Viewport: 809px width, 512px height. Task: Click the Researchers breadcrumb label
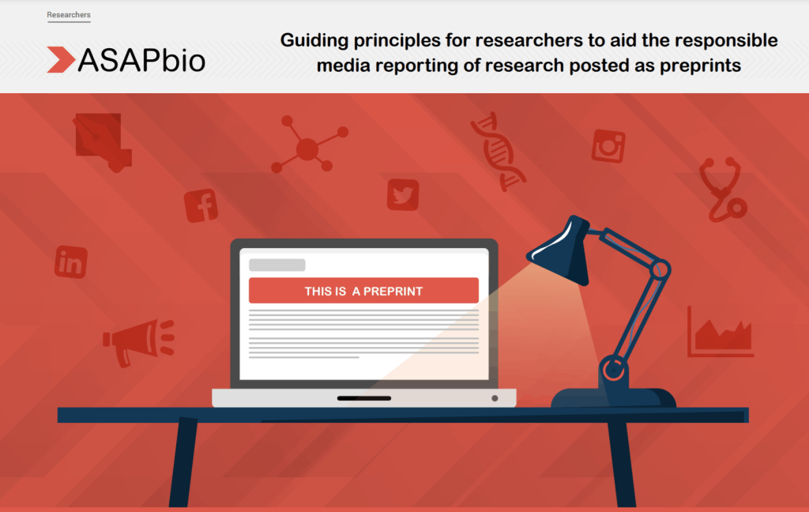pyautogui.click(x=69, y=15)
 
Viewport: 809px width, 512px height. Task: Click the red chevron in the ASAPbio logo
pyautogui.click(x=61, y=59)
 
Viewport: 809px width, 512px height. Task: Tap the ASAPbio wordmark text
pyautogui.click(x=141, y=60)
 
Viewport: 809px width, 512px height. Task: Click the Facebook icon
pyautogui.click(x=201, y=206)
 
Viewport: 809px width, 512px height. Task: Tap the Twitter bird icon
pyautogui.click(x=403, y=194)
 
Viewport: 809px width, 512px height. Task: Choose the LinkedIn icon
pyautogui.click(x=70, y=262)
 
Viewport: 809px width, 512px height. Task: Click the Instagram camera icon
pyautogui.click(x=609, y=146)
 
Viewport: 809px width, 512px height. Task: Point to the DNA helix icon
pyautogui.click(x=498, y=152)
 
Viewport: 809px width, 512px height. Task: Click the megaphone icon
pyautogui.click(x=138, y=341)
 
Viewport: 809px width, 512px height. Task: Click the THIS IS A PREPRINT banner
pyautogui.click(x=363, y=291)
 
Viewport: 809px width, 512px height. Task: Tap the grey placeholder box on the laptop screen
pyautogui.click(x=277, y=265)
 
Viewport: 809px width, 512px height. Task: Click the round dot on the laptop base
pyautogui.click(x=495, y=398)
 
